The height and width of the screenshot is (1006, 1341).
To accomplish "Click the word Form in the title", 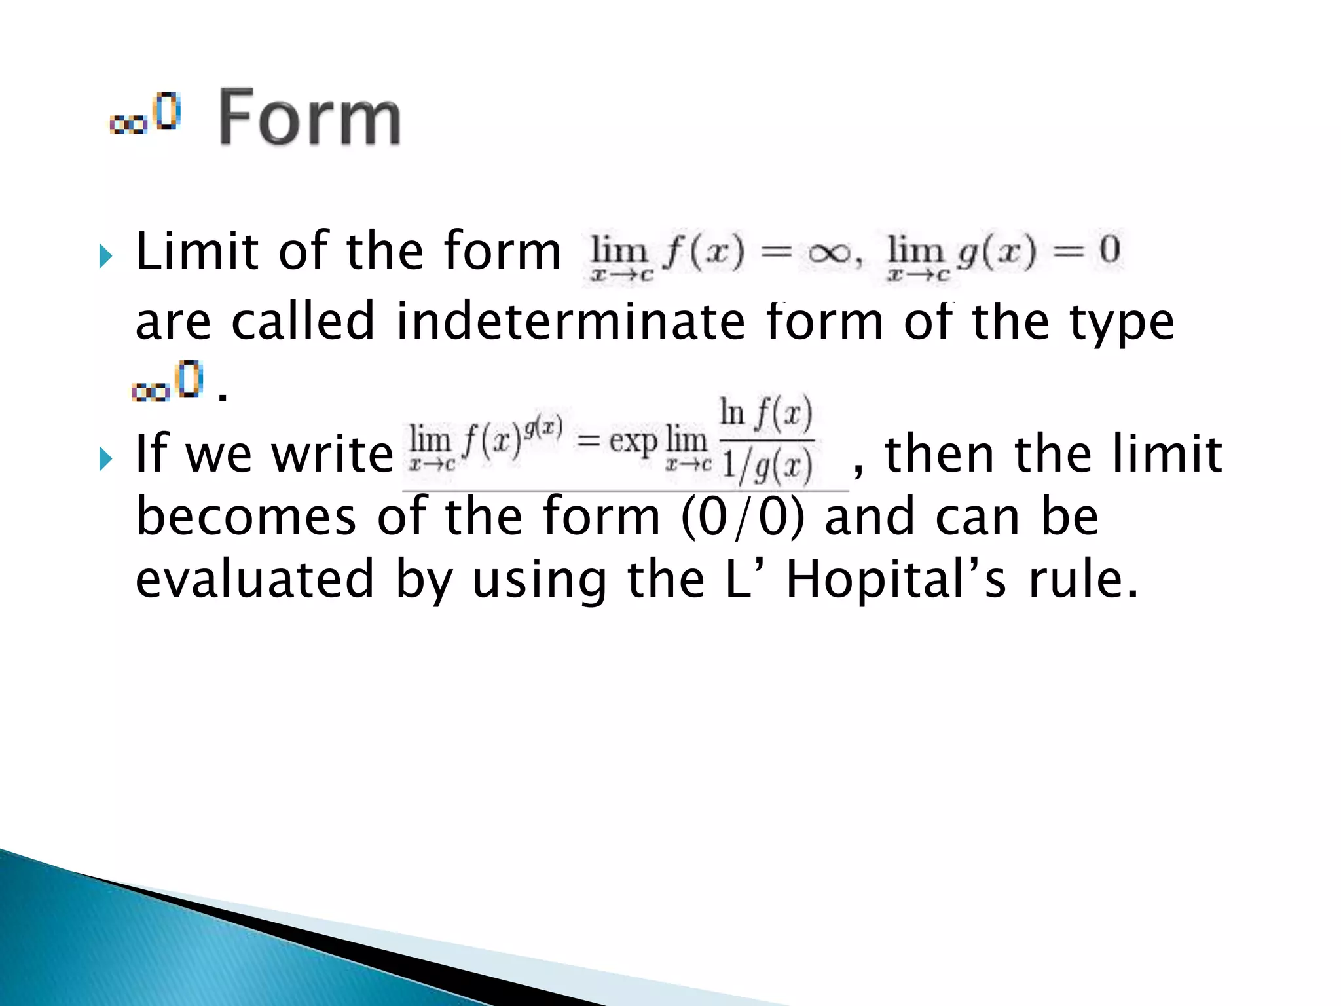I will point(309,118).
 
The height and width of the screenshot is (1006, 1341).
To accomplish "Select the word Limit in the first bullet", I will point(196,251).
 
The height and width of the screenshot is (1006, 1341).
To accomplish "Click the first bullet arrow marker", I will point(105,256).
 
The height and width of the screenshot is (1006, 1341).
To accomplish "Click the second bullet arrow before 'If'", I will point(105,458).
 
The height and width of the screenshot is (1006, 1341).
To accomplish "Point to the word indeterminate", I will point(570,322).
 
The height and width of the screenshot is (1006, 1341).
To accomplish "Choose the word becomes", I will point(246,517).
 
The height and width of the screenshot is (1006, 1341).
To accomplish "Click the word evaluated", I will point(254,580).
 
